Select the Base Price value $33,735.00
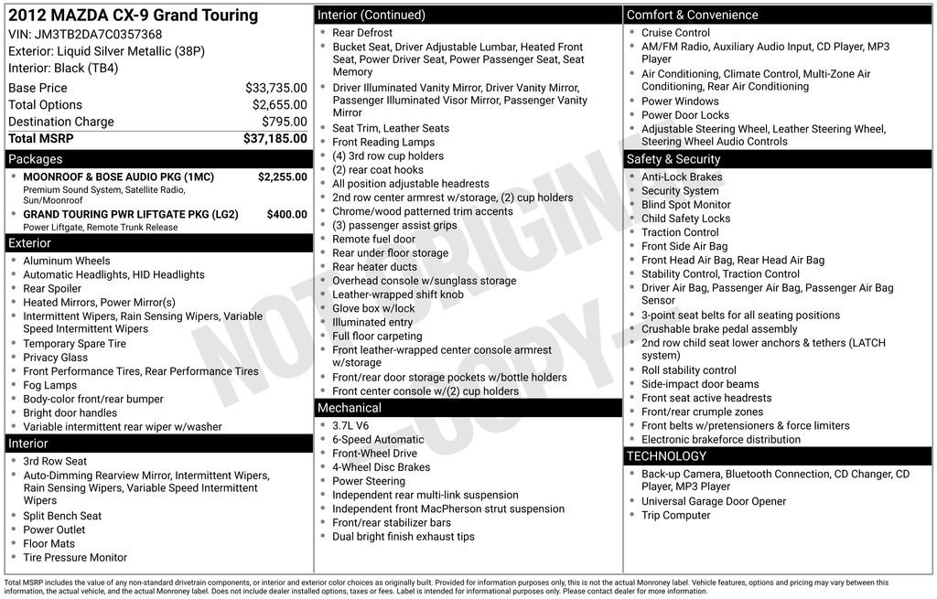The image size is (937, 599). pos(276,88)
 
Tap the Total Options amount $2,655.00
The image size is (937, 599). pos(280,105)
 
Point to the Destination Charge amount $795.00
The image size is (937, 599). pos(285,122)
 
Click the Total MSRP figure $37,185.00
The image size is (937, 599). pos(275,139)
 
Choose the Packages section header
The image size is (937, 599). pos(36,159)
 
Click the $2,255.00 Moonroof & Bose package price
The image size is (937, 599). pos(283,176)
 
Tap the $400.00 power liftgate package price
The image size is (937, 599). pos(287,214)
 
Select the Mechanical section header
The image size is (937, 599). pos(349,408)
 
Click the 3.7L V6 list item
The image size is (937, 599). pos(350,425)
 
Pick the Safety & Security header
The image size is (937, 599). pos(673,159)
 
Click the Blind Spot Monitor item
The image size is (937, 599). pos(685,205)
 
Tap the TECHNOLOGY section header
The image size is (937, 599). pos(666,456)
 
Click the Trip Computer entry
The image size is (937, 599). pos(675,515)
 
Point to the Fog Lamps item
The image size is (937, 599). pos(49,385)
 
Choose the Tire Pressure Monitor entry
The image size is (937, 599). pos(75,557)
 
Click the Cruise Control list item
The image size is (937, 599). pos(675,33)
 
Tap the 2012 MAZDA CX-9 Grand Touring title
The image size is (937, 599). pos(134,16)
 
